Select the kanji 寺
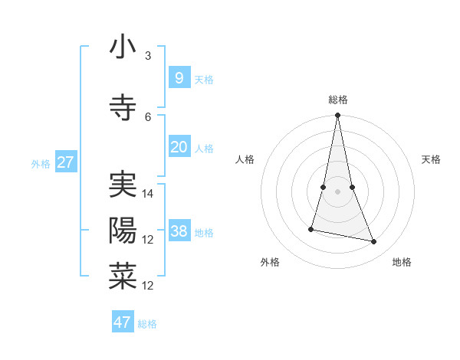tap(123, 107)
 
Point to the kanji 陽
tap(123, 231)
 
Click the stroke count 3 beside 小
tap(147, 56)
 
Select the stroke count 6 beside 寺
tap(147, 116)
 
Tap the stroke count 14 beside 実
tap(149, 194)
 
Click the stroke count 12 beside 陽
tap(149, 240)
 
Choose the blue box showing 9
tap(179, 78)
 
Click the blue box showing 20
tap(179, 147)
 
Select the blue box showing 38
tap(179, 231)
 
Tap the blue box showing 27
tap(66, 162)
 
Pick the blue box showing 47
tap(123, 322)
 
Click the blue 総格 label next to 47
tap(147, 324)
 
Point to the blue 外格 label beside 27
tap(41, 163)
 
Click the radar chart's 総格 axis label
tap(337, 100)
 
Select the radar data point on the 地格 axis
tap(374, 242)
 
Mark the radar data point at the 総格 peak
tap(337, 116)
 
